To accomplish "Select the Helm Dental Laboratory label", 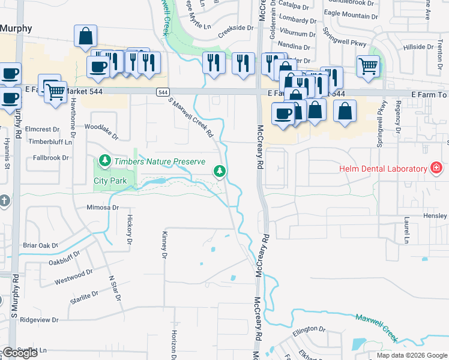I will coord(382,169).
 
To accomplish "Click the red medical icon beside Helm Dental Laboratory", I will coord(436,168).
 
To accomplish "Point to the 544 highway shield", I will coord(163,92).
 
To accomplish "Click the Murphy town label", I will coord(12,28).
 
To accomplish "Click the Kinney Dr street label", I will coord(163,245).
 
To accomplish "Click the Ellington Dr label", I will coord(309,329).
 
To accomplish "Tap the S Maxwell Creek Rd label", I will coord(191,118).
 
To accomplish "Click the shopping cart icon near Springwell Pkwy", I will coord(369,65).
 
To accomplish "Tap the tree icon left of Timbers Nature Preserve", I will coord(105,160).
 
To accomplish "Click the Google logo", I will coord(20,353).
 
